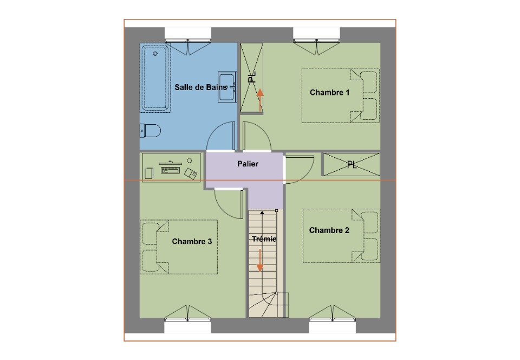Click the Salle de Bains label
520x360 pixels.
pos(201,87)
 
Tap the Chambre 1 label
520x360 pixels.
pos(330,93)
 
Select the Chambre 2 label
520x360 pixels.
pos(329,230)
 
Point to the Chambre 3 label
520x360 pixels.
pos(192,242)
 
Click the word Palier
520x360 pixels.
pos(248,164)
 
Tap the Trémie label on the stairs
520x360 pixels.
pos(264,239)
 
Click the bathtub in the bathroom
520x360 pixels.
pos(155,78)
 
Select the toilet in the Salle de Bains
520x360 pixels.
pos(150,131)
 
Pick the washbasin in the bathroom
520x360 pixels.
pos(227,87)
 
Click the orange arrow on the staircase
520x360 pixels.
pos(260,260)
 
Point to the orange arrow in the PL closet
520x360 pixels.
pos(260,100)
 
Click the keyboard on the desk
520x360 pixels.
pos(171,170)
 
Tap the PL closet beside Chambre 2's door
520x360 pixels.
pos(352,165)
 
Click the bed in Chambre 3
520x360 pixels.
pos(179,247)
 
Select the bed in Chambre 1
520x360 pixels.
pos(340,96)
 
